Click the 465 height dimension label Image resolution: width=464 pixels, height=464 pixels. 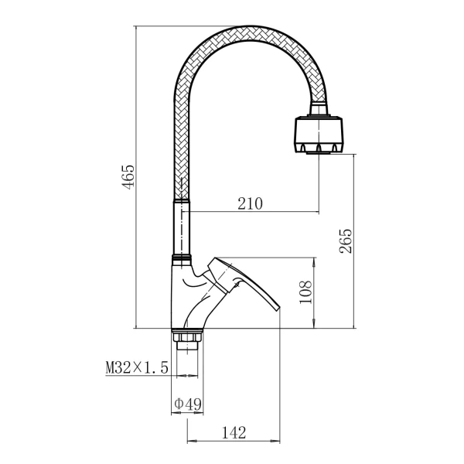tap(128, 176)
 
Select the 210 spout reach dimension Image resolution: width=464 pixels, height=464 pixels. tap(250, 203)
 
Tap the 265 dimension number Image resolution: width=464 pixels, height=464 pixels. tap(346, 241)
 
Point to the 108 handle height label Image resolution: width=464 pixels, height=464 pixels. tap(305, 292)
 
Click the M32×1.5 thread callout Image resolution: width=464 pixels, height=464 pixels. tap(137, 367)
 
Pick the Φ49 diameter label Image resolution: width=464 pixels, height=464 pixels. tap(188, 404)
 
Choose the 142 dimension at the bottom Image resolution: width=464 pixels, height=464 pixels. tap(234, 432)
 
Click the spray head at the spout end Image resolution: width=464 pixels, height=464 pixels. tap(319, 135)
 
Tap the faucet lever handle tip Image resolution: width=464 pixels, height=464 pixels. tap(276, 308)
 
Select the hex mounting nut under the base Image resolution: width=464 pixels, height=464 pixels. tap(187, 336)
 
